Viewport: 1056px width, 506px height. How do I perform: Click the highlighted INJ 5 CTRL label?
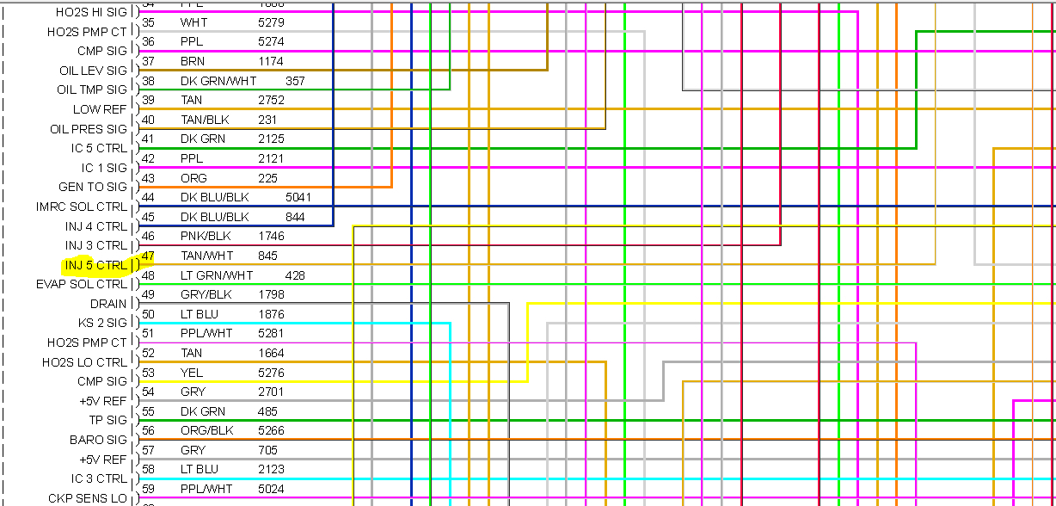(x=95, y=265)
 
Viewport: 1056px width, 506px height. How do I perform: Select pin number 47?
(x=148, y=256)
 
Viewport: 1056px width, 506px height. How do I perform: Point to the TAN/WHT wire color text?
(x=206, y=256)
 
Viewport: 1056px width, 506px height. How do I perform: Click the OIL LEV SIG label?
(x=93, y=71)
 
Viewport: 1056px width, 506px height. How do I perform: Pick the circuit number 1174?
(x=271, y=61)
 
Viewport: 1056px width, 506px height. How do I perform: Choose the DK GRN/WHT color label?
(x=218, y=81)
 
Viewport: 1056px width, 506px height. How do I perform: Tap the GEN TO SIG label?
(x=92, y=187)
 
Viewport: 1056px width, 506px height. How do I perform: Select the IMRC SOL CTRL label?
(x=81, y=207)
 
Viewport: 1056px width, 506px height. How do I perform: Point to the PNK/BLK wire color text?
(x=206, y=236)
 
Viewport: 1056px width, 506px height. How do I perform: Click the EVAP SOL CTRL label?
(x=81, y=284)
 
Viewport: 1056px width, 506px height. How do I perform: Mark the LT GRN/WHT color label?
(x=217, y=275)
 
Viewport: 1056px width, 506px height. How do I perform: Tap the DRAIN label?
(x=108, y=304)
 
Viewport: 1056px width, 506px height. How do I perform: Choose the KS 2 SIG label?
(x=102, y=323)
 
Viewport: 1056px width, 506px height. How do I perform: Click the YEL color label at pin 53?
(x=191, y=373)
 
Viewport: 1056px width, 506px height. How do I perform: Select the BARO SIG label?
(x=98, y=440)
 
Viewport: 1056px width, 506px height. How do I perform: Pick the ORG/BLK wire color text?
(x=206, y=430)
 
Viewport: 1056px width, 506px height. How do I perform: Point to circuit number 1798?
(x=271, y=294)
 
